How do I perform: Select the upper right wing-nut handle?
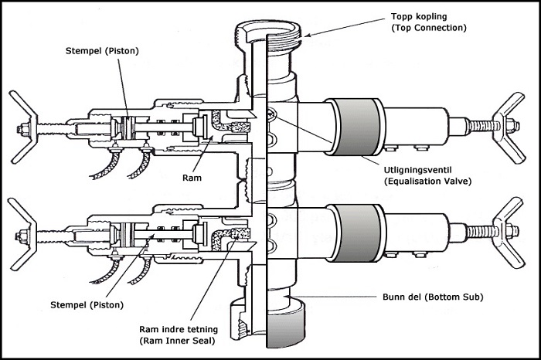coord(515,116)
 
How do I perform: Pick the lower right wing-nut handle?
coord(515,222)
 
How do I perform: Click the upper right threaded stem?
coord(480,122)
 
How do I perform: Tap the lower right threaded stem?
coord(480,229)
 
